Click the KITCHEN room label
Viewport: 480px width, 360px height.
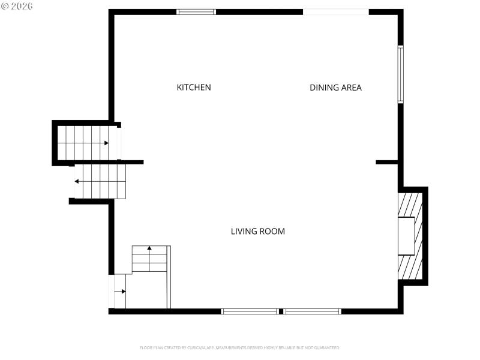pyautogui.click(x=193, y=88)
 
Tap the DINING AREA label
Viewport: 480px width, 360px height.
pyautogui.click(x=335, y=88)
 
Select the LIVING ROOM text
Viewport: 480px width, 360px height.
pyautogui.click(x=257, y=231)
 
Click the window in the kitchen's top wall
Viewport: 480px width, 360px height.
pyautogui.click(x=196, y=11)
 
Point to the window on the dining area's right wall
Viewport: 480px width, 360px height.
pyautogui.click(x=401, y=74)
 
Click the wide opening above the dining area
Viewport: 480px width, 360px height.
pyautogui.click(x=335, y=11)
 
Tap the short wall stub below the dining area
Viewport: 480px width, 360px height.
pyautogui.click(x=387, y=162)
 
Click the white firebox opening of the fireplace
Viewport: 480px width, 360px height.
pyautogui.click(x=406, y=235)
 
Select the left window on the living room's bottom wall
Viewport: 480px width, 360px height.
pyautogui.click(x=250, y=311)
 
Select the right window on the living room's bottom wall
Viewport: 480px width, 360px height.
pyautogui.click(x=312, y=311)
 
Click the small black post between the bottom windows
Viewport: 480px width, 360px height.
pyautogui.click(x=281, y=311)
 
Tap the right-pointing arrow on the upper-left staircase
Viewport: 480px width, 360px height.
pyautogui.click(x=106, y=143)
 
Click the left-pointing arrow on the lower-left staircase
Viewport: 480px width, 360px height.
pyautogui.click(x=77, y=181)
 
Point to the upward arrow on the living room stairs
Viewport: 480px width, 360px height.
pyautogui.click(x=149, y=247)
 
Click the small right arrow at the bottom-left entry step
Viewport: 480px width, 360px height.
pyautogui.click(x=123, y=292)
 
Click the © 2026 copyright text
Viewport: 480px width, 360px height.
pyautogui.click(x=17, y=6)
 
